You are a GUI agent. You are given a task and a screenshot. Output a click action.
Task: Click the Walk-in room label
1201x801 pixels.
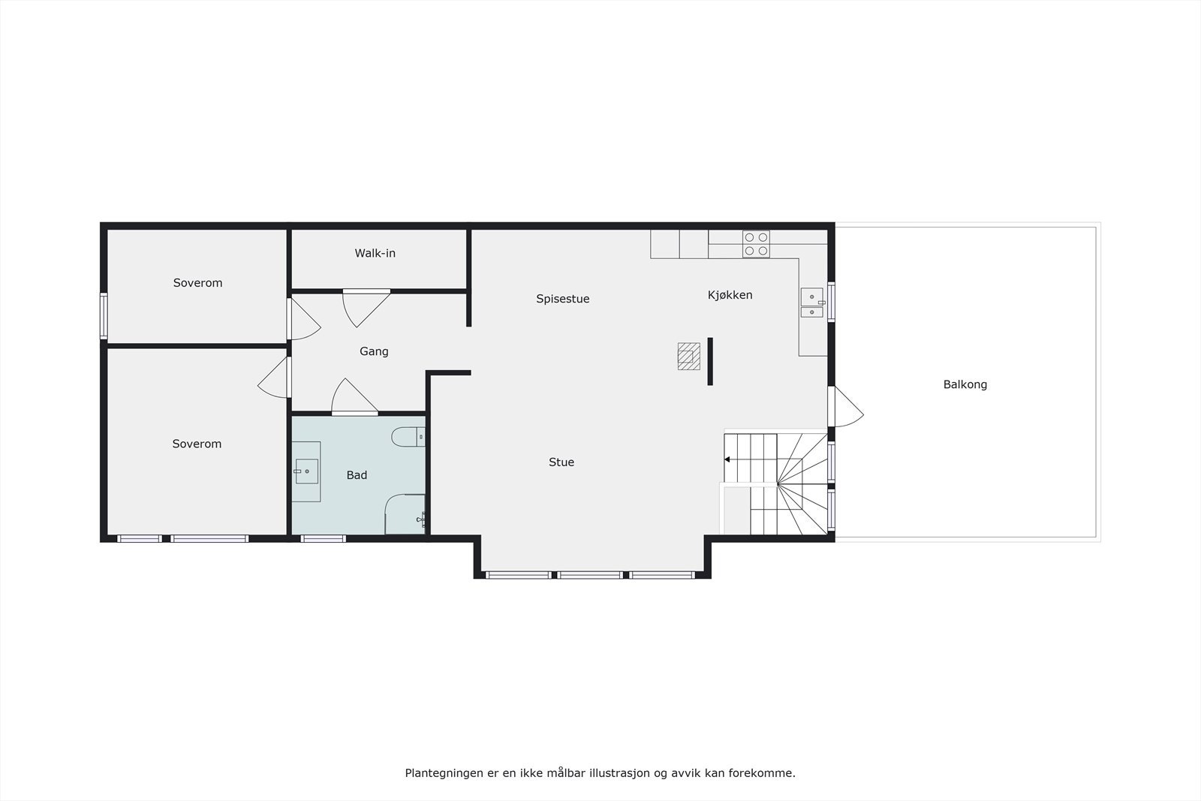pos(375,254)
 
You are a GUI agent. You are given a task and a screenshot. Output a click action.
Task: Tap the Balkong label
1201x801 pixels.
pos(965,384)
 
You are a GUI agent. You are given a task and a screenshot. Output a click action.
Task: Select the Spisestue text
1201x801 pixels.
pos(562,299)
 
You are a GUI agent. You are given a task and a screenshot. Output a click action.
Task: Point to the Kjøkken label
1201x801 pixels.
pos(730,295)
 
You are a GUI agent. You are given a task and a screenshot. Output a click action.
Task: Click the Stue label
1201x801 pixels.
pos(561,462)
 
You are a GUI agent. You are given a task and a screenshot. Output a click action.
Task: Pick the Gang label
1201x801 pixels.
pos(374,351)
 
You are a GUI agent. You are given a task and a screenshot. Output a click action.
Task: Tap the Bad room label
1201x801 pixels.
pos(357,475)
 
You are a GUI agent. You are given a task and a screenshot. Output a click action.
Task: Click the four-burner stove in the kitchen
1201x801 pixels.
pos(756,244)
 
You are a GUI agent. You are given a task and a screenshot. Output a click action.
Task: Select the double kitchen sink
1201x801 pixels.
pos(811,303)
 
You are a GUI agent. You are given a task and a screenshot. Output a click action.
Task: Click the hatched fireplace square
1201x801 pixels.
pos(688,356)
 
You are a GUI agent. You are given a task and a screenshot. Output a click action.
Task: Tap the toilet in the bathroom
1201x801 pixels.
pos(410,437)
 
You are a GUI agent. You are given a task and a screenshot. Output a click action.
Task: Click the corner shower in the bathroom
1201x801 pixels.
pos(405,514)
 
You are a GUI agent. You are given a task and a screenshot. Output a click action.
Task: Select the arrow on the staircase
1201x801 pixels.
pos(727,459)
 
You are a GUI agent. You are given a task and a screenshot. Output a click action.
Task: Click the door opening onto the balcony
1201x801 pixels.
pos(845,408)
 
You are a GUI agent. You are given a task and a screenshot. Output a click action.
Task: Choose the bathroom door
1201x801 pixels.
pos(354,397)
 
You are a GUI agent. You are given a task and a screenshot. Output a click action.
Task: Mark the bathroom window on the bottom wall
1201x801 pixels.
pos(323,538)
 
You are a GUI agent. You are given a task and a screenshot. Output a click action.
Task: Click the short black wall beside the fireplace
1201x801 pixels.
pos(710,361)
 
